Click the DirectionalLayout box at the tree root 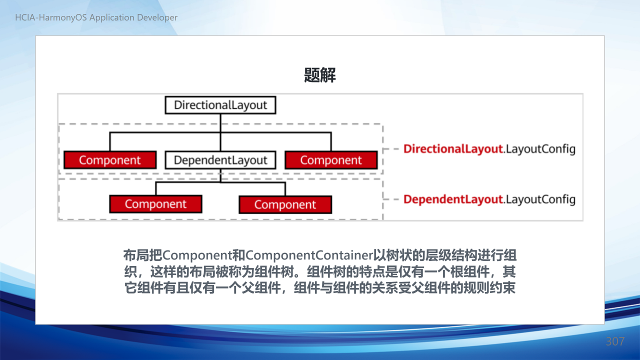(x=220, y=105)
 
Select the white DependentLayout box (x=220, y=160)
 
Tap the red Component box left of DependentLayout (x=110, y=160)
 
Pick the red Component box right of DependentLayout (x=331, y=160)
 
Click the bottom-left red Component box (x=155, y=204)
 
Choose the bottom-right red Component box (x=285, y=204)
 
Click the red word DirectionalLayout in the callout (x=453, y=149)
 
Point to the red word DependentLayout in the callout (x=453, y=199)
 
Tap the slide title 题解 (x=319, y=75)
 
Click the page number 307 (x=615, y=341)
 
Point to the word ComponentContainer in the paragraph (x=309, y=255)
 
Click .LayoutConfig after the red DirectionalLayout (x=539, y=149)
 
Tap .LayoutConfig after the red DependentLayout (x=539, y=199)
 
